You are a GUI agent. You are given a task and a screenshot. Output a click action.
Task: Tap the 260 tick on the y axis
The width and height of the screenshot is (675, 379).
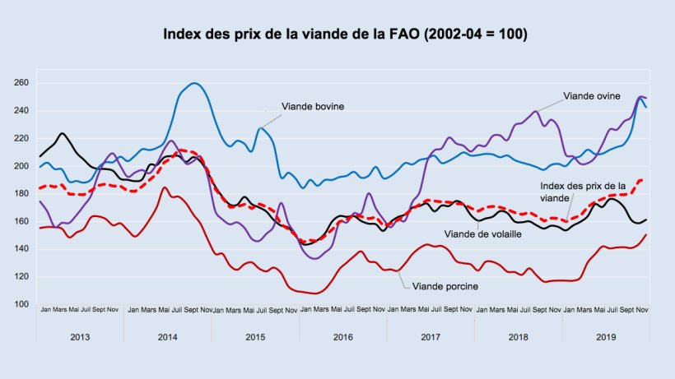(21, 83)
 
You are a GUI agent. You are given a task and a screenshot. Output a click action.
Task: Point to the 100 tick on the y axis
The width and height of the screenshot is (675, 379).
(21, 304)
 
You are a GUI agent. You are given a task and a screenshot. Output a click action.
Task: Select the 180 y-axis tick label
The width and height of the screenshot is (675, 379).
(21, 193)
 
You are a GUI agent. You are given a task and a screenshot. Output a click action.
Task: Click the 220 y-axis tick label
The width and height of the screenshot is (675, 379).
(21, 138)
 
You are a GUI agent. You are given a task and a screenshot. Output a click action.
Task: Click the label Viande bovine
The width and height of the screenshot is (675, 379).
(313, 107)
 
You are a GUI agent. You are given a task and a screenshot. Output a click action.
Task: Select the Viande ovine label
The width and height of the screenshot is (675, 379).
(592, 96)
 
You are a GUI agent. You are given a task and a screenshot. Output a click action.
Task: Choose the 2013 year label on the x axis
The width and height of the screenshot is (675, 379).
(80, 337)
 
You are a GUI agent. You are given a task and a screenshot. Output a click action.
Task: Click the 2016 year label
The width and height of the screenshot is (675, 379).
(342, 337)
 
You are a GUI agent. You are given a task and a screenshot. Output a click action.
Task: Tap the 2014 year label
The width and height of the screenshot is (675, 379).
(167, 337)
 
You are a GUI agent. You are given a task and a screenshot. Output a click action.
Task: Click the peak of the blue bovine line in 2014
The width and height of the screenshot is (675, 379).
(194, 83)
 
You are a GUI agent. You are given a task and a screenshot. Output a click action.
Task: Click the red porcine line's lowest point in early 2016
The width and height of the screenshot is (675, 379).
(316, 293)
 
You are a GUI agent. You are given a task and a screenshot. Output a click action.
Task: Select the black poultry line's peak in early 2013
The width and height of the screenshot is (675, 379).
(63, 133)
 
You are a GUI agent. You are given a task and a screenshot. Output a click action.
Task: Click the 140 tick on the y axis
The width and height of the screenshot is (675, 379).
(21, 248)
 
